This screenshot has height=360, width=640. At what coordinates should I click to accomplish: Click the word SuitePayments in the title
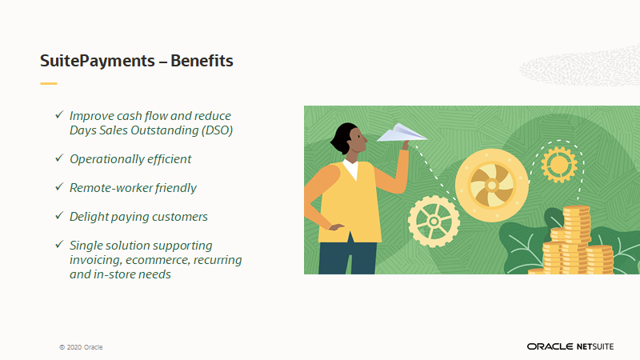coord(98,62)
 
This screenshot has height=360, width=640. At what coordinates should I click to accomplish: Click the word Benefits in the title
coord(202,61)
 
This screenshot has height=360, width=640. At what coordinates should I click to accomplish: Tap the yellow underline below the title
coord(49,84)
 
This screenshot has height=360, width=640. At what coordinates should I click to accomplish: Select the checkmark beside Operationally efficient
coord(59,158)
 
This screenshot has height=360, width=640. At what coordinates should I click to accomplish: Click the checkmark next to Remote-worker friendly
coord(59,186)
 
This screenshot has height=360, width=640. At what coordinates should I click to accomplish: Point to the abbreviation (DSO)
coord(217,130)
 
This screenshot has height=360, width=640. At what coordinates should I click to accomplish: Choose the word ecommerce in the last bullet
coord(158,260)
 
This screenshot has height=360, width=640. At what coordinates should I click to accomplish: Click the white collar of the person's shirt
coord(351,168)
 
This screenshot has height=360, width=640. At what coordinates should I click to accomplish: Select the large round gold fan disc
coord(492,186)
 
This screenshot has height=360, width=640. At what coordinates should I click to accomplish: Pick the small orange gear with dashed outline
coord(559,165)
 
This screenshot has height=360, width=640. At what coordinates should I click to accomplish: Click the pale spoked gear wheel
coord(434,222)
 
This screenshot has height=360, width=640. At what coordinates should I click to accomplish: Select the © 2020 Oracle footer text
coord(81,347)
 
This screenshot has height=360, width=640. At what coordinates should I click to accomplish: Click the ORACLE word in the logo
coord(550,346)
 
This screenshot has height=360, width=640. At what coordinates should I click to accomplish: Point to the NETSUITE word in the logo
coord(595,346)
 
